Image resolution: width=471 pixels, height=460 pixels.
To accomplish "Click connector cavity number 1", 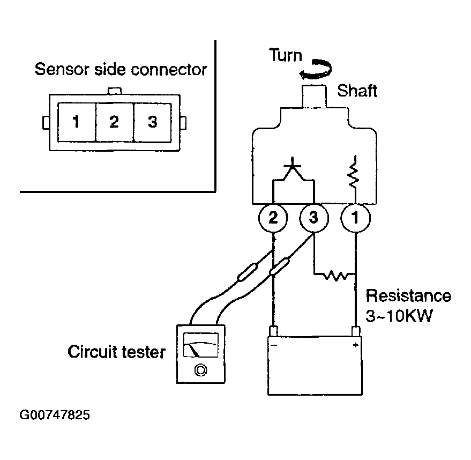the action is click(x=77, y=122).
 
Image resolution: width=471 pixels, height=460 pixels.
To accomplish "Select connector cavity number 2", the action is click(x=115, y=122).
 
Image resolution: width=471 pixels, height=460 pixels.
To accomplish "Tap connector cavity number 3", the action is click(x=152, y=122).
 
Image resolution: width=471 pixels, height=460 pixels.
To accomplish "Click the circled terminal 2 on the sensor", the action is click(x=273, y=218).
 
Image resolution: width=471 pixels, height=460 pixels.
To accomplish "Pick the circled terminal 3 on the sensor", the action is click(x=314, y=218).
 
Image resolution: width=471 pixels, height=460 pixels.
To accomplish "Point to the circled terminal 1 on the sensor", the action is click(x=356, y=218).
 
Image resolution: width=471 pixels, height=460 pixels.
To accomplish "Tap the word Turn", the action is click(x=286, y=55).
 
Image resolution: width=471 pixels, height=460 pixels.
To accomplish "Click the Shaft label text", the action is click(x=357, y=91).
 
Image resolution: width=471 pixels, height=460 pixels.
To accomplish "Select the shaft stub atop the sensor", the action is click(x=314, y=96).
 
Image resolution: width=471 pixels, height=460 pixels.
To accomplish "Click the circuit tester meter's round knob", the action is click(x=200, y=370).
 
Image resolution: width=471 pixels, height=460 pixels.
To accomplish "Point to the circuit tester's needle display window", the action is click(x=200, y=345).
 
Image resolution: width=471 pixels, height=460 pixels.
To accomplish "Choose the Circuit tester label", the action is click(x=117, y=352).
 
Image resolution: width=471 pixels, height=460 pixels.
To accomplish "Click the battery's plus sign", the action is click(x=355, y=345).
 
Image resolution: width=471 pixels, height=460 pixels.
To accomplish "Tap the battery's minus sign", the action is click(x=274, y=345).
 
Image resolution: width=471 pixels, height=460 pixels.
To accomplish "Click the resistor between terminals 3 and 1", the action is click(x=336, y=275).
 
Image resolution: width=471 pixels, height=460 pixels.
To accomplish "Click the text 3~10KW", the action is click(x=399, y=316).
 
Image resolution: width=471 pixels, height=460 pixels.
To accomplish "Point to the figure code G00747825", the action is click(x=55, y=415).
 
